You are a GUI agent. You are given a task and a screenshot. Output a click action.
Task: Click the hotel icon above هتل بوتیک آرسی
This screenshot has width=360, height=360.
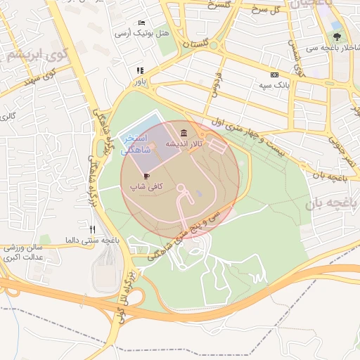pyautogui.click(x=143, y=23)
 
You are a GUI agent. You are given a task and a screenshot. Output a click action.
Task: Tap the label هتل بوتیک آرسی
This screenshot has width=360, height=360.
pyautogui.click(x=143, y=33)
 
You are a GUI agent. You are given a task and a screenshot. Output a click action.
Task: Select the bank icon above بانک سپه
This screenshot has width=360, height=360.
pyautogui.click(x=274, y=75)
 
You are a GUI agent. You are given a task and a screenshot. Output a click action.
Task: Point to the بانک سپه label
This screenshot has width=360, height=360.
pyautogui.click(x=274, y=85)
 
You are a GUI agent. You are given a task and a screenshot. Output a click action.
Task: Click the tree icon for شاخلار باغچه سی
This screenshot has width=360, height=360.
pyautogui.click(x=337, y=37)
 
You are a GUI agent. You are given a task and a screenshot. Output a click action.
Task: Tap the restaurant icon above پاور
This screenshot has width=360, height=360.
pyautogui.click(x=140, y=70)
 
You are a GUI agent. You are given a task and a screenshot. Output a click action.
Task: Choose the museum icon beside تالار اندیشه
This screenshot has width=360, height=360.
pyautogui.click(x=184, y=134)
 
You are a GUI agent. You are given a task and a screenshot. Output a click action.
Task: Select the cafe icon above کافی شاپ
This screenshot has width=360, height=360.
pyautogui.click(x=146, y=176)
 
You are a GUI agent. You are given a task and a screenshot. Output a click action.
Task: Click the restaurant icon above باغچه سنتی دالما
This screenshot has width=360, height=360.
pyautogui.click(x=92, y=229)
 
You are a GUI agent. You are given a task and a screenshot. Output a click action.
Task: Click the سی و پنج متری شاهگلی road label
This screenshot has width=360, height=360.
pyautogui.click(x=184, y=233)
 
